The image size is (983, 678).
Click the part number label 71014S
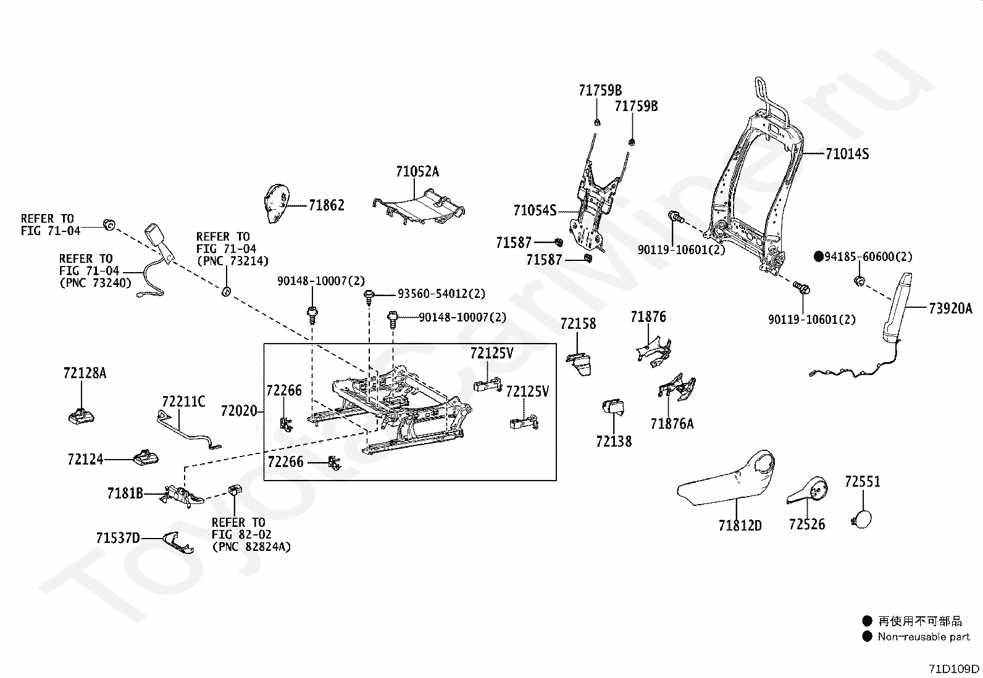coord(847,154)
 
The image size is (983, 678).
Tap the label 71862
coord(327,205)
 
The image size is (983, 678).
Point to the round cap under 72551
coord(861,519)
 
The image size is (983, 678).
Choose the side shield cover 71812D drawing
coord(726,477)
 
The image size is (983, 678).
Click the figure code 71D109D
coord(954,668)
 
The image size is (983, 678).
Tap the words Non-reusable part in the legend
coord(924,637)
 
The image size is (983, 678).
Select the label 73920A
coord(950,308)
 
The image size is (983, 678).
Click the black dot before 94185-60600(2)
coord(818,257)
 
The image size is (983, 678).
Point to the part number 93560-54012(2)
coord(441,294)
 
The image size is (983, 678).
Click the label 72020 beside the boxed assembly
coord(239,411)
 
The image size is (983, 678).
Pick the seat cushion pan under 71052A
coord(419,207)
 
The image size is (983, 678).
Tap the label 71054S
coord(535,210)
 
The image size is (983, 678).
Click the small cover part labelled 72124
coord(145,457)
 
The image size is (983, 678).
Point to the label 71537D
coord(118,538)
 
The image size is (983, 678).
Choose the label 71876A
coord(672,424)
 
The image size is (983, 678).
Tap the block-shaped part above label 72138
coord(614,407)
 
